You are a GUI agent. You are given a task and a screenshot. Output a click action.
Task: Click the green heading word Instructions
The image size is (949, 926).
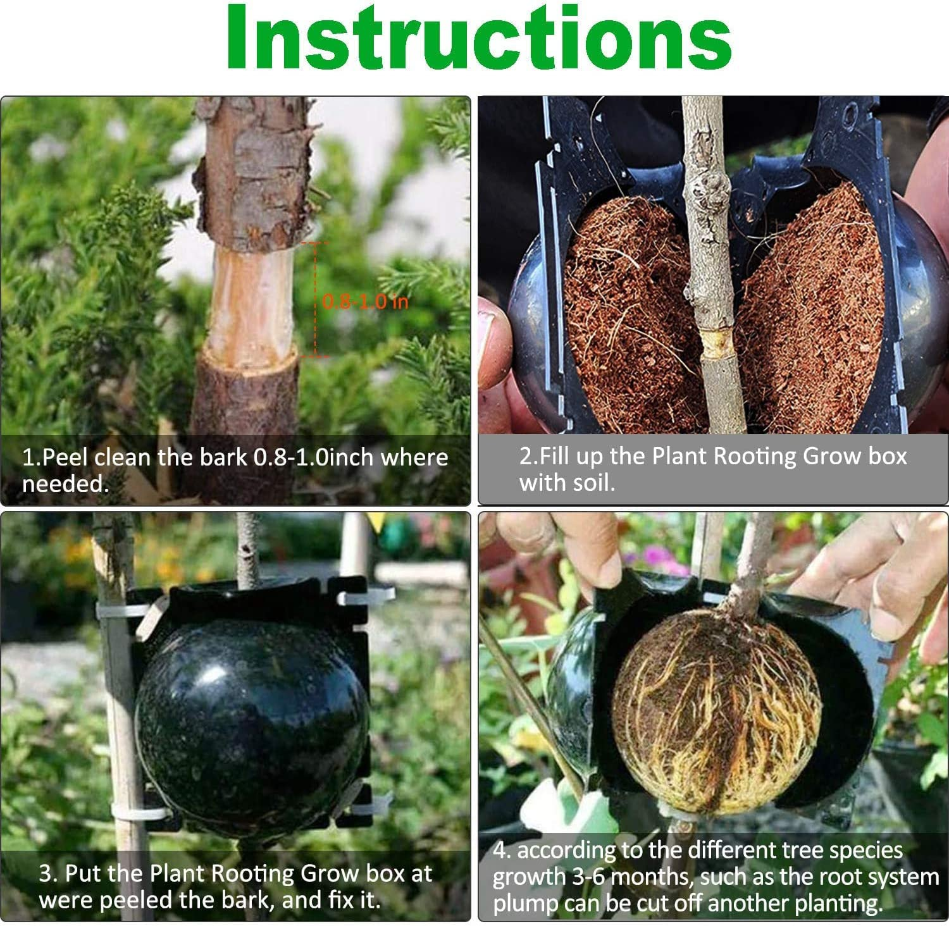480,38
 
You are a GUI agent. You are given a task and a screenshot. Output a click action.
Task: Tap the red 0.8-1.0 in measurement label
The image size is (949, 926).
365,301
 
